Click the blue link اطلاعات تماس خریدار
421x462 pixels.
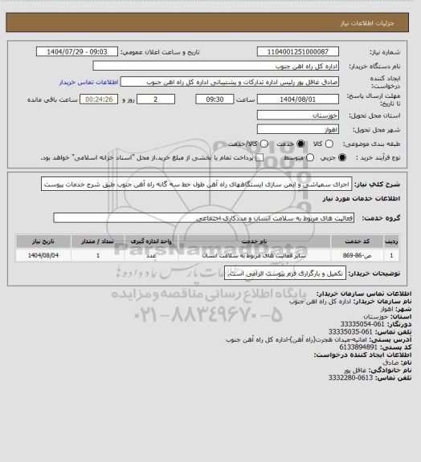tap(88, 82)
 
